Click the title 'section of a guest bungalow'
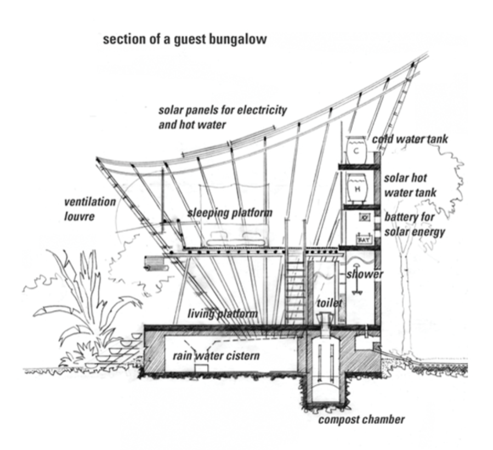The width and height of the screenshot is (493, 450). [x=185, y=40]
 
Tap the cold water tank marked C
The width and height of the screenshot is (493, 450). [x=357, y=148]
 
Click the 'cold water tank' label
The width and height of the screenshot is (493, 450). [x=410, y=139]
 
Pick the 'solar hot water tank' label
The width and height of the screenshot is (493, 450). [x=410, y=185]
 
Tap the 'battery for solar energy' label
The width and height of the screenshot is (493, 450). [x=414, y=224]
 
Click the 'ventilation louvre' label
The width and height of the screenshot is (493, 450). [x=89, y=209]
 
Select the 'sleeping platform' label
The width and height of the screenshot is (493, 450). [x=230, y=213]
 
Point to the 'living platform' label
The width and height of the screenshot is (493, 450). [x=223, y=314]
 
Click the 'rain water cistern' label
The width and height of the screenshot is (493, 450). [x=216, y=356]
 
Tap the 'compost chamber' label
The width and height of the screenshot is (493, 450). [x=362, y=420]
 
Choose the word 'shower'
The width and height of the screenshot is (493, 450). [x=365, y=274]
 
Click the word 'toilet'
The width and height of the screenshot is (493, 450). [x=329, y=303]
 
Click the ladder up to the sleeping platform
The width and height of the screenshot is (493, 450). [x=295, y=291]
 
